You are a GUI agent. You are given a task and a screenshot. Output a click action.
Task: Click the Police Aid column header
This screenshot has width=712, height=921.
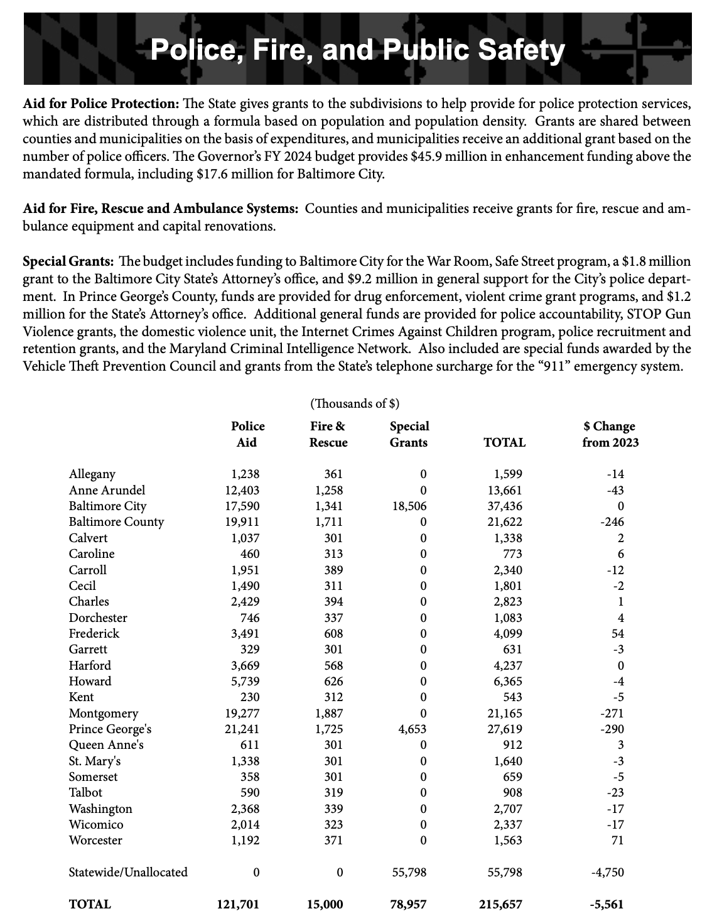click(247, 434)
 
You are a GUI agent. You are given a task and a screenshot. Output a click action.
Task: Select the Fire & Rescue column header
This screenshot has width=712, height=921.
click(328, 434)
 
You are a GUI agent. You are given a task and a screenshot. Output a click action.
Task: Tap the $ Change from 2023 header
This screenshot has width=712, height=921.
click(610, 434)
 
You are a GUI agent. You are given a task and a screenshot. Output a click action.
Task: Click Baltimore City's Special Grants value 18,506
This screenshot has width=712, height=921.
click(409, 506)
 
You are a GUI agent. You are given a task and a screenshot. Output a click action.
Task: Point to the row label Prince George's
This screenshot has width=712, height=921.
click(110, 729)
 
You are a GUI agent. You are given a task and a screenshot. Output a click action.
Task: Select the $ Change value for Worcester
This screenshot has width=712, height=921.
click(616, 841)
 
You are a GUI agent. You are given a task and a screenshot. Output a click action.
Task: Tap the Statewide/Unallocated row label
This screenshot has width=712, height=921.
click(128, 872)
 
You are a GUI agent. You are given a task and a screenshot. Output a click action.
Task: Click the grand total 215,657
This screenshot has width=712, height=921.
click(500, 905)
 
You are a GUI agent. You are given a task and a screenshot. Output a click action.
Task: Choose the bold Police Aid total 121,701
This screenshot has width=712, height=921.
click(238, 905)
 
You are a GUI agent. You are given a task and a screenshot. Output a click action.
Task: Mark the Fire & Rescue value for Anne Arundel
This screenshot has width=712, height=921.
click(329, 490)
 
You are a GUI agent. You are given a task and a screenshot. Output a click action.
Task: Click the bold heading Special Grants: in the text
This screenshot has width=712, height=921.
click(68, 261)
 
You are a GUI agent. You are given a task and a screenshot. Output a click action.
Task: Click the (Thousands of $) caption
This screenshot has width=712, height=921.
click(355, 403)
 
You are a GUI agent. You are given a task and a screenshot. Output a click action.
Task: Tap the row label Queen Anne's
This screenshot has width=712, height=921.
click(106, 745)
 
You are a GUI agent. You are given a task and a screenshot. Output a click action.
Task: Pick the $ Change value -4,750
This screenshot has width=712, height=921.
click(608, 872)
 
